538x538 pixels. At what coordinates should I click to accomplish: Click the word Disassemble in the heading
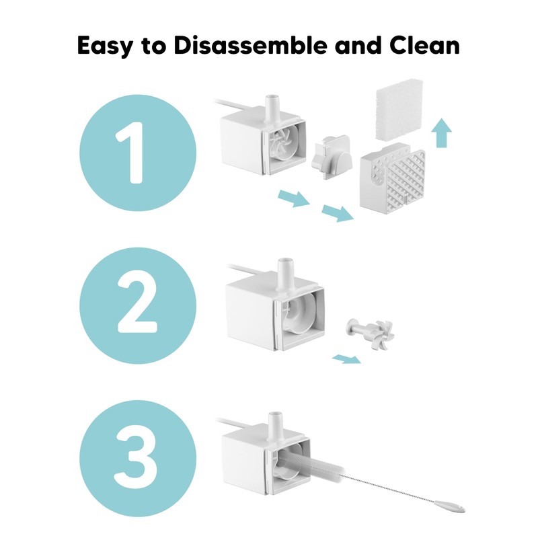click(x=250, y=45)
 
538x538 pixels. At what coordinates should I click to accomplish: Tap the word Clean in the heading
click(x=424, y=45)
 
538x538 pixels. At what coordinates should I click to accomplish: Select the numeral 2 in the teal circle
click(x=138, y=305)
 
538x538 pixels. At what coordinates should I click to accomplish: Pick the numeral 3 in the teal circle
click(x=137, y=457)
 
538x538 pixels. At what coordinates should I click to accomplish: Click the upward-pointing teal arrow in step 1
click(x=442, y=133)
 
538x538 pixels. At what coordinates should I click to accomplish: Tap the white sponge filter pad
click(x=399, y=110)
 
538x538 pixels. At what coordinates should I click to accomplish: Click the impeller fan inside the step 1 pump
click(x=284, y=144)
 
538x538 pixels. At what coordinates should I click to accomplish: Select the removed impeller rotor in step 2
click(x=371, y=334)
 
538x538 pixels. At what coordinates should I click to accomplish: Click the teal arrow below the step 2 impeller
click(x=346, y=359)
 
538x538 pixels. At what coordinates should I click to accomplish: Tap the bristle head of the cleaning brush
click(x=311, y=465)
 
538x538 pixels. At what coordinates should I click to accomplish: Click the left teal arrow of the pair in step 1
click(x=294, y=198)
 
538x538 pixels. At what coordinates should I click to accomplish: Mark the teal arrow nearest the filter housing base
click(x=338, y=213)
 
